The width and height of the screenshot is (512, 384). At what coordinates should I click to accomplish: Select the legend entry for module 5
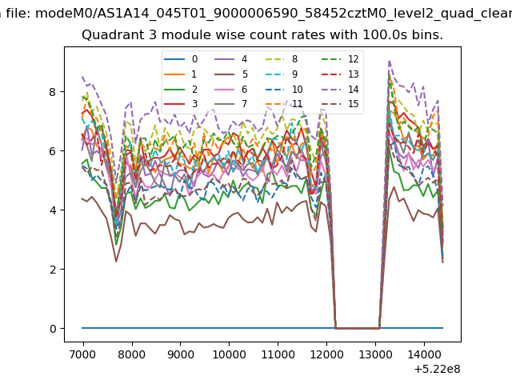pos(231,74)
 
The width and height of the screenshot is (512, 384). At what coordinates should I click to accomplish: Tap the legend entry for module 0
pos(181,59)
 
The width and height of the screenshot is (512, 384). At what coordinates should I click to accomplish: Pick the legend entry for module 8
pos(281,59)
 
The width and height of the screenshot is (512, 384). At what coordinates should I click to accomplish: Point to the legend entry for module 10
pos(283,89)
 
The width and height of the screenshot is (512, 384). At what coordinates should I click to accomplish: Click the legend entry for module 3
pos(181,104)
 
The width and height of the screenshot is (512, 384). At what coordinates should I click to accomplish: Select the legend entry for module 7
pos(231,104)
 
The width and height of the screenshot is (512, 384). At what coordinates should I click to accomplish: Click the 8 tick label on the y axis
pos(53,92)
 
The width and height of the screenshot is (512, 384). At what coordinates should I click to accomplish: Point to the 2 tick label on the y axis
pos(53,270)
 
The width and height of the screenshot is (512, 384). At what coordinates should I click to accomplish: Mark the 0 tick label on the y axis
pos(53,329)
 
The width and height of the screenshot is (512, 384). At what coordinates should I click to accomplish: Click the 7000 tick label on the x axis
pos(83,354)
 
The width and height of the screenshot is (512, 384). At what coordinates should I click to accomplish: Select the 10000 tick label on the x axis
pos(229,354)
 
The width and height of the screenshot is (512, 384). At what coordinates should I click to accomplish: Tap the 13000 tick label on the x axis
pos(375,354)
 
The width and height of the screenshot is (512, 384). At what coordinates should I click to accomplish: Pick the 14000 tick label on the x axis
pos(424,354)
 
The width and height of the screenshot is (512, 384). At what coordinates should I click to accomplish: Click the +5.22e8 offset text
pos(437,370)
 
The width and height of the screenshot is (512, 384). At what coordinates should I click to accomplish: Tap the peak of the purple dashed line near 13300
pos(390,61)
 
